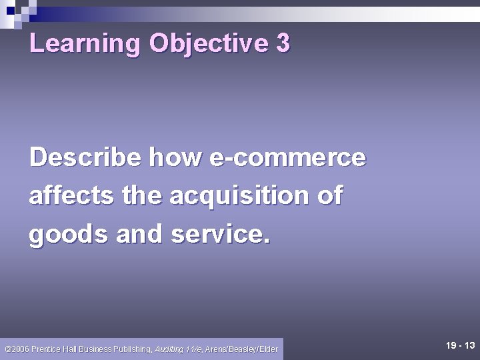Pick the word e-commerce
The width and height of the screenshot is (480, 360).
click(x=287, y=158)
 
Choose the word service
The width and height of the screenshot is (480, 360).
click(x=221, y=235)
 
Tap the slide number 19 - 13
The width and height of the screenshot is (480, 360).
click(x=460, y=345)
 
